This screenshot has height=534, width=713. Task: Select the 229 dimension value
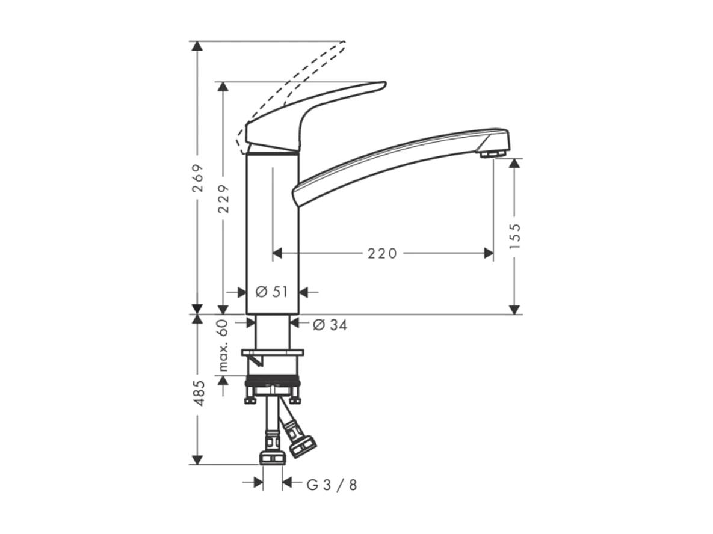224,198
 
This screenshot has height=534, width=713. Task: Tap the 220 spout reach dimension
383,254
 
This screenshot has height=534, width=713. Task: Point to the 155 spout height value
514,236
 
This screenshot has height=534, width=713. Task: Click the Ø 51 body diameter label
272,292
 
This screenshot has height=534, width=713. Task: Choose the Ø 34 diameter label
330,325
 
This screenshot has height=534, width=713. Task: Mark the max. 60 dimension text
223,345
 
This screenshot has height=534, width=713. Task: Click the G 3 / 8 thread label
332,485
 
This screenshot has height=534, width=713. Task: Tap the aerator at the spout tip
492,155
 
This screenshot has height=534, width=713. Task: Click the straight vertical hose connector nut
272,457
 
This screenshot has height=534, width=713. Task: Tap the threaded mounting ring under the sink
273,381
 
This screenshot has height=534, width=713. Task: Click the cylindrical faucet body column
273,235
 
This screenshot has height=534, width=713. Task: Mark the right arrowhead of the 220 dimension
489,254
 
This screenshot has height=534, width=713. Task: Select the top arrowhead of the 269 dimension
197,46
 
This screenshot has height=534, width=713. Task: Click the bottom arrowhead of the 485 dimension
197,460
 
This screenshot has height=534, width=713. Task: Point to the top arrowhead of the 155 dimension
514,164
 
